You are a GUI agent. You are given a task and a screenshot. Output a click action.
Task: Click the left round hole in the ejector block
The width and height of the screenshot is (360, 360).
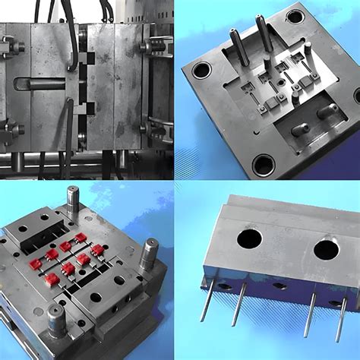(249, 240)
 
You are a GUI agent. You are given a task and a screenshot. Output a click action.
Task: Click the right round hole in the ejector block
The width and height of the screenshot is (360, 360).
(327, 249)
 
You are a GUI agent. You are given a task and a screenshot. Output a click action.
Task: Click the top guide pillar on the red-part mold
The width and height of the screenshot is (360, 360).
(73, 199)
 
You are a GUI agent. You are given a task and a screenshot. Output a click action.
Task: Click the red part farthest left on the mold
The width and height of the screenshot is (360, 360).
(35, 264)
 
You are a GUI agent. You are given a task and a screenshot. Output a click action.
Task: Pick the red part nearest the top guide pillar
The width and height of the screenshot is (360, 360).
(81, 238)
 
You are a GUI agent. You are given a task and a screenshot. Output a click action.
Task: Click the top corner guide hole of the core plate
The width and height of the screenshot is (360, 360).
(295, 16)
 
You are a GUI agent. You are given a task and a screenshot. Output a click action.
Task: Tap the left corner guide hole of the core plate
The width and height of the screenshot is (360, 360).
(201, 71)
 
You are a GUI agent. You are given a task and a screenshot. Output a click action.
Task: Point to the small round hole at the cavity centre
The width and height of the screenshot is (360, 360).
(282, 77)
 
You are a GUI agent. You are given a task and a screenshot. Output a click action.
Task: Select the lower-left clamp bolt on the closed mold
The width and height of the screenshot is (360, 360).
(9, 126)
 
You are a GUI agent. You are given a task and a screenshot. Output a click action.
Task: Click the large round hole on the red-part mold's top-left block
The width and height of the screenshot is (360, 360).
(24, 228)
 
